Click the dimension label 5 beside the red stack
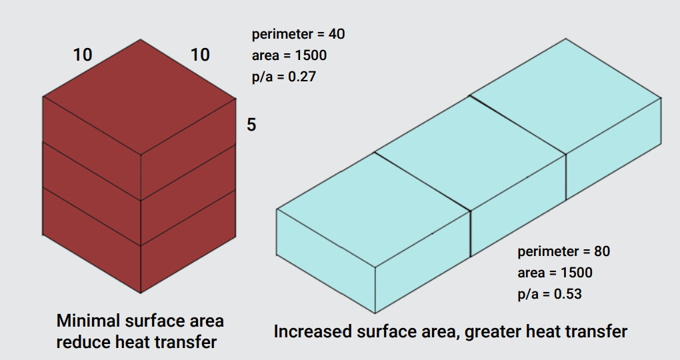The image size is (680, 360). tap(251, 125)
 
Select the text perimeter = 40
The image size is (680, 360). tap(299, 34)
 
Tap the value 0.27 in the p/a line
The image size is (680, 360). tap(302, 77)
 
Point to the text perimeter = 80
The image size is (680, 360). tap(564, 251)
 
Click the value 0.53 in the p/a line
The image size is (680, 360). tap(568, 294)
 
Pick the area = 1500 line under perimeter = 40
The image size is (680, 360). tap(289, 55)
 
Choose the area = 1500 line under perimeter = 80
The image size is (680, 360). tap(555, 273)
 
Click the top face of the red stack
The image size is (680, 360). tap(139, 97)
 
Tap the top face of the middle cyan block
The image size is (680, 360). tap(471, 153)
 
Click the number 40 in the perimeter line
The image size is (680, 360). tap(337, 34)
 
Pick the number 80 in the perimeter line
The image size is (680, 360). tap(601, 251)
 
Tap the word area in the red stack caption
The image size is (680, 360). tap(206, 321)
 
